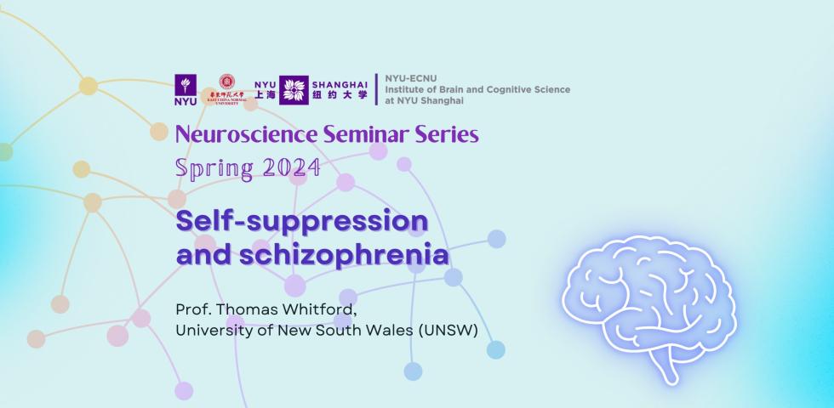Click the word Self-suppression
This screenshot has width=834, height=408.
301,223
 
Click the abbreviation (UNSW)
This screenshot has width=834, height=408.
448,328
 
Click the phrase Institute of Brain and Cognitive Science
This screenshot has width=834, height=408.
477,89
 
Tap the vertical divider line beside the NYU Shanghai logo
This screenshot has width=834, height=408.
376,89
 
